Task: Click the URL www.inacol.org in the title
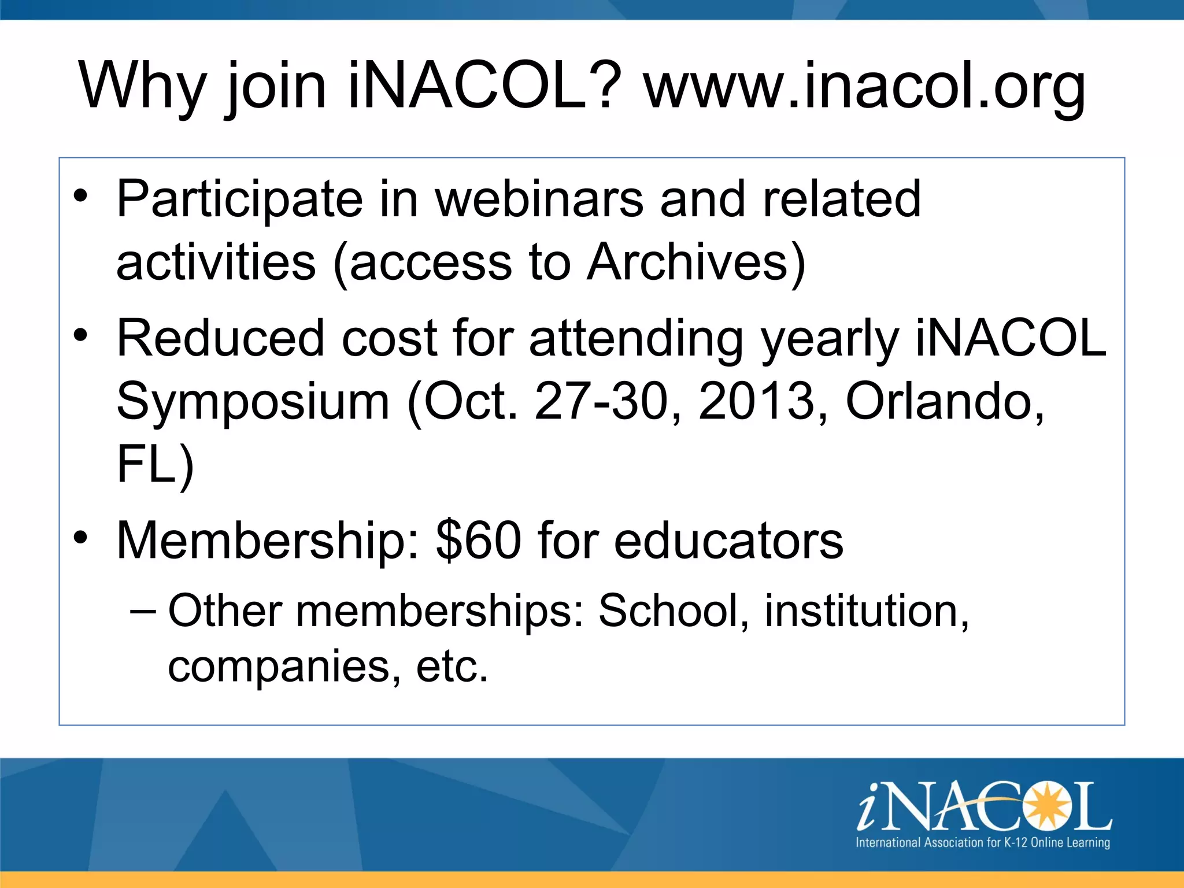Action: pyautogui.click(x=865, y=87)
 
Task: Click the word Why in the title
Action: pyautogui.click(x=142, y=87)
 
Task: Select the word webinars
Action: pyautogui.click(x=539, y=199)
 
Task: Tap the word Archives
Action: pyautogui.click(x=696, y=263)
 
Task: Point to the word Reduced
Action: pyautogui.click(x=220, y=338)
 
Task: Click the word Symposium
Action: pyautogui.click(x=253, y=402)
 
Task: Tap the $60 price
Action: pyautogui.click(x=479, y=541)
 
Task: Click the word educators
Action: pyautogui.click(x=728, y=541)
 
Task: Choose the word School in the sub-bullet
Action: pyautogui.click(x=674, y=611)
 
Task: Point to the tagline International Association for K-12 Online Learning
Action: pyautogui.click(x=982, y=842)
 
